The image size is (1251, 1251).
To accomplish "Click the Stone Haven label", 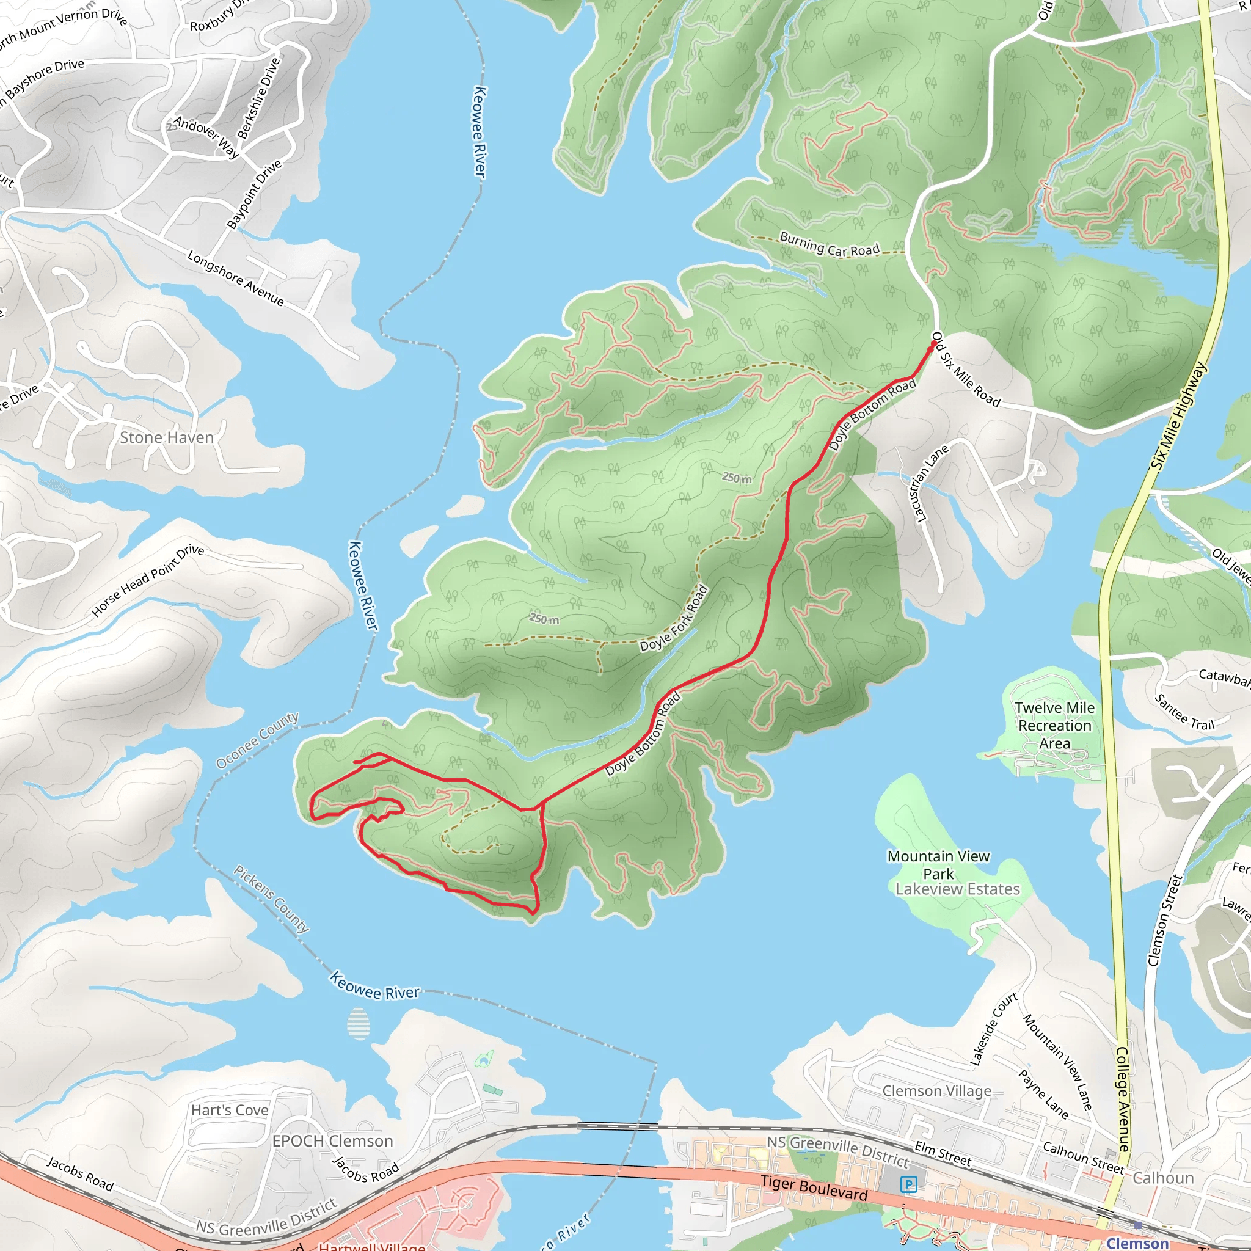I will click(166, 438).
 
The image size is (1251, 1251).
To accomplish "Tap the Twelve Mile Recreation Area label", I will click(1054, 725).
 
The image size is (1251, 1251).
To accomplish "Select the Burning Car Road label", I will click(829, 244).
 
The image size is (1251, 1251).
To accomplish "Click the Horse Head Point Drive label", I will click(148, 580).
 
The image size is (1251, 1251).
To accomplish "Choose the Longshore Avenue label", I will click(236, 278).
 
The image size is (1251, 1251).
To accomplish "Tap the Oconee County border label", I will click(257, 740).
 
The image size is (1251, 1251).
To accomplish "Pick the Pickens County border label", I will click(271, 898).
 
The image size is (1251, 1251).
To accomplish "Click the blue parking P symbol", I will click(908, 1184).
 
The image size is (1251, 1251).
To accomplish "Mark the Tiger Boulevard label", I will click(814, 1187).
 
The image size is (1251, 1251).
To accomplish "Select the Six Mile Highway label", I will click(1178, 416).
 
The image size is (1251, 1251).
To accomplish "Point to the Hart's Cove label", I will click(229, 1110).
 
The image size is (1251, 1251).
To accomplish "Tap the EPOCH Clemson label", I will click(332, 1141).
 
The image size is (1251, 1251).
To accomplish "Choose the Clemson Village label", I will click(936, 1090).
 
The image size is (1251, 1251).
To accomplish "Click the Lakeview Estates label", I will click(957, 889).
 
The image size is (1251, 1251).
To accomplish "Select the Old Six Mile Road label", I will click(966, 370).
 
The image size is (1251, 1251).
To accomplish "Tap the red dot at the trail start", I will click(933, 345).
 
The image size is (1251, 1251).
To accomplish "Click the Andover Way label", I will click(206, 137).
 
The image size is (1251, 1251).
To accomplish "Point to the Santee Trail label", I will click(1184, 712).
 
